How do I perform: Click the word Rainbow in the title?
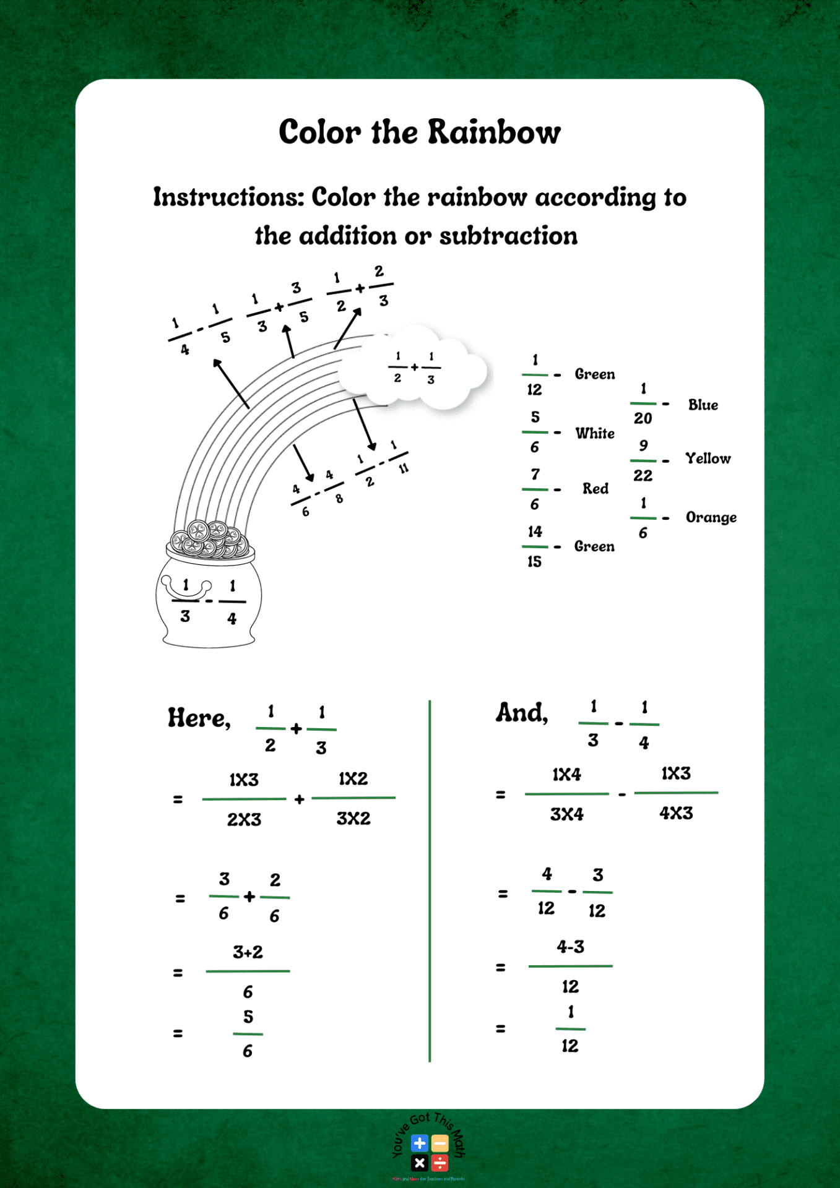tap(494, 132)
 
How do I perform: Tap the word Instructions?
tap(228, 197)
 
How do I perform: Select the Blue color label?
tap(703, 405)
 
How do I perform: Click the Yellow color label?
tap(708, 458)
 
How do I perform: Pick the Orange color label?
tap(711, 517)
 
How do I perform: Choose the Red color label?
tap(595, 489)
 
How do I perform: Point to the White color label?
tap(595, 433)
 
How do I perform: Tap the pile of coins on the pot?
tap(210, 539)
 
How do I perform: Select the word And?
tap(522, 713)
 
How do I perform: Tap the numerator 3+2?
tap(248, 952)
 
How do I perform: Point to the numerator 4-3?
tap(570, 947)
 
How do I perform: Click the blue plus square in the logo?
tap(420, 1143)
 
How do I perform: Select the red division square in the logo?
tap(439, 1163)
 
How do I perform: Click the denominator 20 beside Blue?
tap(643, 419)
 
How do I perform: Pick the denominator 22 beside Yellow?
tap(643, 476)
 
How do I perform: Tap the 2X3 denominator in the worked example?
tap(244, 820)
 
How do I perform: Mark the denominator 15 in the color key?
tap(534, 562)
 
